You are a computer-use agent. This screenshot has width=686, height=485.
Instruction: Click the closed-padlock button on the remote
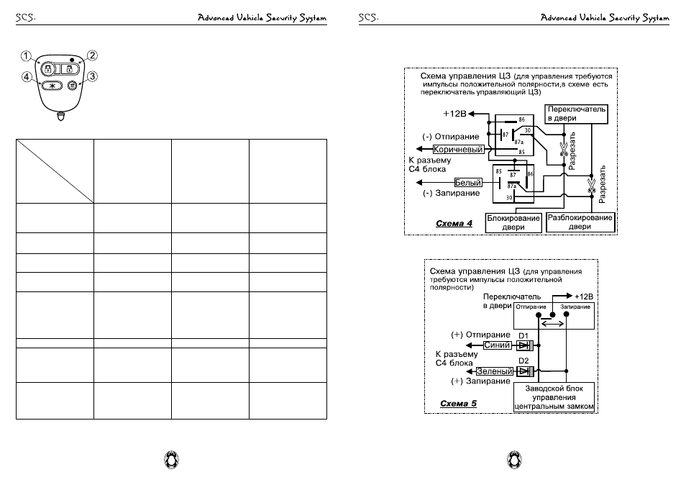[x=48, y=69]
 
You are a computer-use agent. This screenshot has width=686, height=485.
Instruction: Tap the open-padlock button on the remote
[x=69, y=69]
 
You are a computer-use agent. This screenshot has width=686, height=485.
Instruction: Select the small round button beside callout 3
[x=72, y=86]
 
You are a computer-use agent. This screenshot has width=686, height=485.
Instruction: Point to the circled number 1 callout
[x=26, y=56]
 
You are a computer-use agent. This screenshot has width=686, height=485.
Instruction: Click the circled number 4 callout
[x=27, y=77]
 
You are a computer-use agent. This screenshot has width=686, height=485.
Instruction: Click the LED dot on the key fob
[x=72, y=59]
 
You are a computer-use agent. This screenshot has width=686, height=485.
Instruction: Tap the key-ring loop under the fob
[x=61, y=116]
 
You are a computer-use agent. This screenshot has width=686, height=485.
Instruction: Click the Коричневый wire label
[x=458, y=149]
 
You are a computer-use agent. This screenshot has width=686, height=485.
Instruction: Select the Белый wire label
[x=468, y=183]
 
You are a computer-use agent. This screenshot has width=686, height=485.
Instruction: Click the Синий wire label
[x=497, y=345]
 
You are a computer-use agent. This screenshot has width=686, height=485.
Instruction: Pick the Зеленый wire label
[x=495, y=371]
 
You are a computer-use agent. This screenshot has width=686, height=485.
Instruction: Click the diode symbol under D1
[x=524, y=345]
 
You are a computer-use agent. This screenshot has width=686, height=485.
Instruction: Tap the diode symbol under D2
[x=524, y=371]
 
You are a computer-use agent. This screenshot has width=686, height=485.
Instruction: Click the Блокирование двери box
[x=513, y=222]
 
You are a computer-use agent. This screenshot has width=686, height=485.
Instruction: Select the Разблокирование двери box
[x=580, y=222]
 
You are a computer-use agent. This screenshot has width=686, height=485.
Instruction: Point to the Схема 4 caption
[x=454, y=224]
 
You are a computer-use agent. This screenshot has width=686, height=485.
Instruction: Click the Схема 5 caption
[x=458, y=404]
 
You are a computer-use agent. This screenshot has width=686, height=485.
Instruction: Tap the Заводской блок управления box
[x=554, y=397]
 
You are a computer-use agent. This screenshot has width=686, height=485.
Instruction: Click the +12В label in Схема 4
[x=454, y=114]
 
